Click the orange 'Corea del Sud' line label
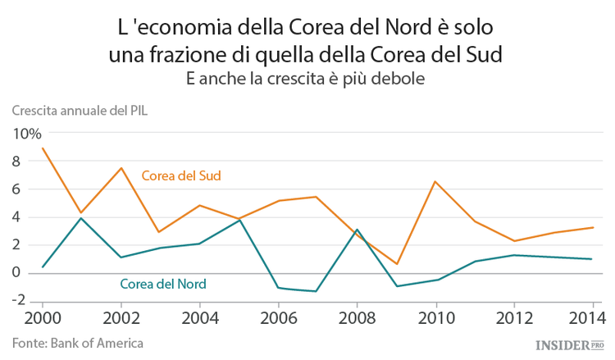pos(181,175)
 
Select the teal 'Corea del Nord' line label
pos(162,285)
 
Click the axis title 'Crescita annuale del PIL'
pos(80,111)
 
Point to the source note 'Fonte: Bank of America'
pos(78,342)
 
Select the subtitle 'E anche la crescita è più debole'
pos(307,79)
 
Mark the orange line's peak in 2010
pos(435,181)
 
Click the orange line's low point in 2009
pos(395,264)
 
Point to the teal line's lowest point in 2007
pos(317,291)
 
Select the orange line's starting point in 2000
pos(42,148)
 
